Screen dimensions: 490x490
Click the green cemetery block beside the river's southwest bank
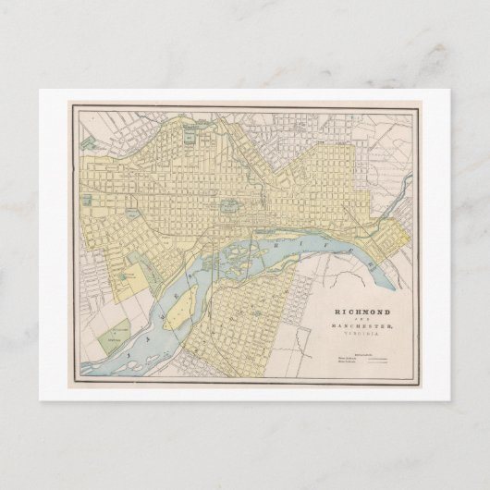coord(115,331)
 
